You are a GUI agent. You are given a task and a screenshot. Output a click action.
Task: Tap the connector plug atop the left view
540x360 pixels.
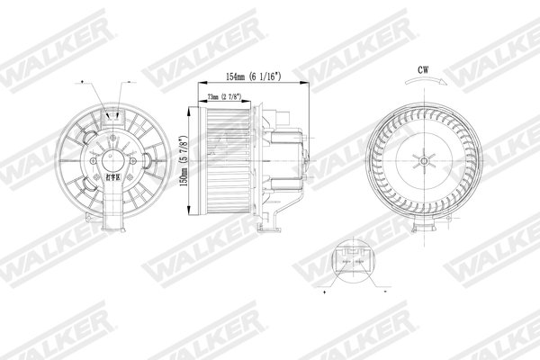tap(113, 115)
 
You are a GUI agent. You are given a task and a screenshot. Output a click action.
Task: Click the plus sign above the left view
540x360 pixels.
tap(83, 81)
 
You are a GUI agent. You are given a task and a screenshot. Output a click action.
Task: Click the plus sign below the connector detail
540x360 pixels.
tap(323, 292)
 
